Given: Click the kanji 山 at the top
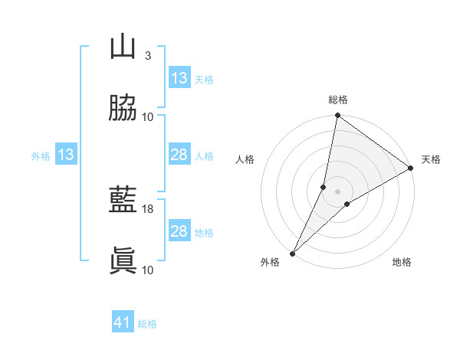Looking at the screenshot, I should [x=123, y=47].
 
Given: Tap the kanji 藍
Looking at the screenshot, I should [x=123, y=200].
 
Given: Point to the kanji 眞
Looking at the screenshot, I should [x=123, y=260].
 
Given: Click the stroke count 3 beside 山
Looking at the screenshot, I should [x=148, y=56].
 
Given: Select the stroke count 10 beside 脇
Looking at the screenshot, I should [x=148, y=116].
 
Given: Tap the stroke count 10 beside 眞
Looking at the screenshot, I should [x=148, y=270].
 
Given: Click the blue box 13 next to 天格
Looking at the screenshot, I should [x=179, y=78].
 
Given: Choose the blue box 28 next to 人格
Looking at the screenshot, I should [x=179, y=155].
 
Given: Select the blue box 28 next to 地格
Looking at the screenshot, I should [x=179, y=231].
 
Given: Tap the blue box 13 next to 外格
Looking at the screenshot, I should [x=66, y=155].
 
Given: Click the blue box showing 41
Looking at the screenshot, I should [x=123, y=322].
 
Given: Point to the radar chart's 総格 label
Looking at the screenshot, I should [x=338, y=100].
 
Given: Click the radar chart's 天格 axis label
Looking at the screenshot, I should [x=431, y=159].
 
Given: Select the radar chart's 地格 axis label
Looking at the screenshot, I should [x=402, y=262].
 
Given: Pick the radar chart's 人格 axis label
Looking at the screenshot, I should [x=245, y=159].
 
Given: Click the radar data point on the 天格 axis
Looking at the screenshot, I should [x=411, y=169].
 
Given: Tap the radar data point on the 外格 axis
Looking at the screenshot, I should [x=292, y=253].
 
